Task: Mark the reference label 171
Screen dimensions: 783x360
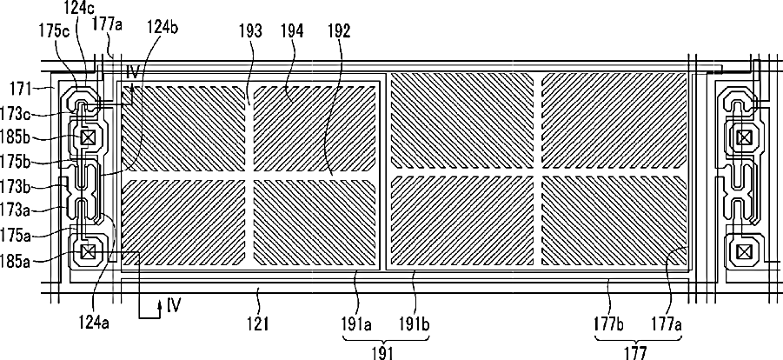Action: pos(20,88)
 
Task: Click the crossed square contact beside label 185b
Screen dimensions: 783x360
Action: pos(87,137)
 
